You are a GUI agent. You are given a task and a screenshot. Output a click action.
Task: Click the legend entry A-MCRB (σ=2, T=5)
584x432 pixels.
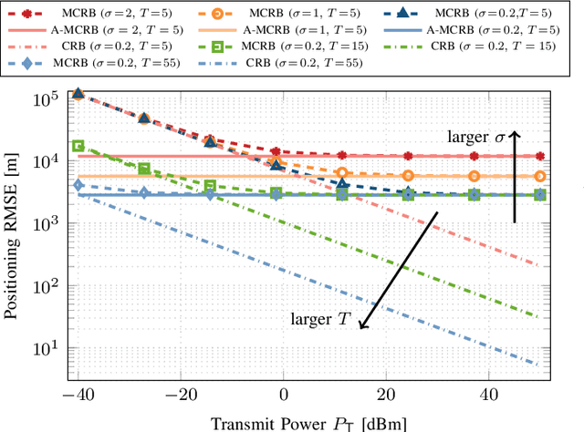coord(102,29)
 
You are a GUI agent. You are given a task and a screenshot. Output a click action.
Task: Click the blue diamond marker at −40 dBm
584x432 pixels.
coord(78,186)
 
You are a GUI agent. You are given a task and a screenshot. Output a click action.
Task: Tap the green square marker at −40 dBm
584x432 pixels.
coord(78,146)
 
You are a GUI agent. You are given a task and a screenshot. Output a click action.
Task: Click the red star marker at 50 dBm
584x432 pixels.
coord(540,157)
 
